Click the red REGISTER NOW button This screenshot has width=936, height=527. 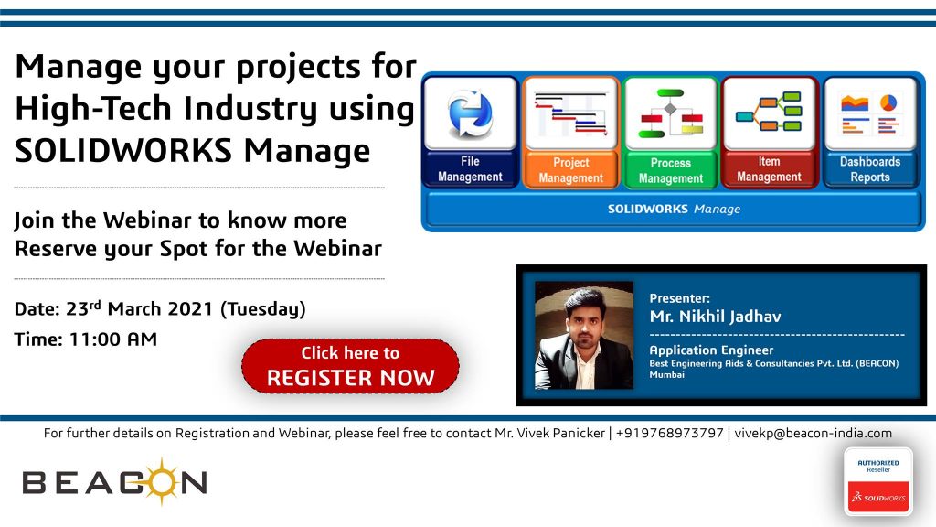[x=350, y=366]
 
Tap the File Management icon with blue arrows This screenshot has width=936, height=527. [x=471, y=113]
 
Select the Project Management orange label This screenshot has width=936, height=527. [x=570, y=170]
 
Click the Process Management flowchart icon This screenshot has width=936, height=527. [x=670, y=113]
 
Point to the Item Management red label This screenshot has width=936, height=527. [x=769, y=169]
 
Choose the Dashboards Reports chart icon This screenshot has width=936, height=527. [x=870, y=113]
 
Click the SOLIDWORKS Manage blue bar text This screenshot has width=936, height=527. [x=674, y=210]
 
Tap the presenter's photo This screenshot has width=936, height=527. [x=584, y=335]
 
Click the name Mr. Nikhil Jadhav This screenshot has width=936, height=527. [x=715, y=316]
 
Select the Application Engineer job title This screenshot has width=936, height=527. [x=711, y=350]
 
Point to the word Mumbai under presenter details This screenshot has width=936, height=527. [x=666, y=374]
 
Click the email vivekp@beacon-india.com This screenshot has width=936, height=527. [x=813, y=433]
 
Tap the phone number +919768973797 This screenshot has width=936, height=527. [x=669, y=433]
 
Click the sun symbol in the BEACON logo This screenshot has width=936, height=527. [x=161, y=481]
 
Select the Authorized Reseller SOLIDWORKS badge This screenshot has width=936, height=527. [x=878, y=481]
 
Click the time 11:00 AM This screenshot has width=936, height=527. [x=112, y=339]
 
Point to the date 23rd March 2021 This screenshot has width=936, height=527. [x=139, y=309]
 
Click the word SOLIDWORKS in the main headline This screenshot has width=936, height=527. [x=123, y=151]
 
